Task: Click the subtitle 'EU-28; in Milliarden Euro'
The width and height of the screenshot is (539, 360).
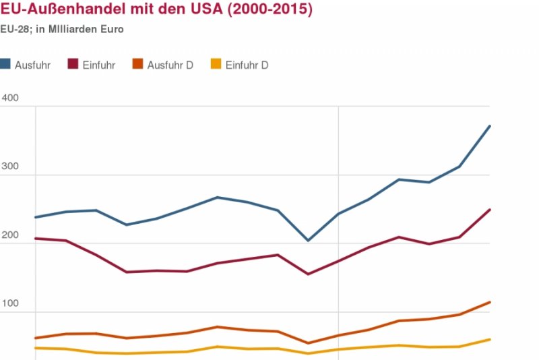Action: coord(62,30)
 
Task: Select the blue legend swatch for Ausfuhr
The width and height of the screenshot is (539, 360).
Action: coord(5,65)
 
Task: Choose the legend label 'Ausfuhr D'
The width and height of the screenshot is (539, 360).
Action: coord(170,65)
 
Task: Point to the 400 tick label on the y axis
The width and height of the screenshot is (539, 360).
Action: coord(10,98)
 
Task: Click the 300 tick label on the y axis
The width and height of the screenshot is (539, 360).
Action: coord(10,167)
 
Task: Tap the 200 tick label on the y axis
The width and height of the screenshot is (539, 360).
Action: coord(10,235)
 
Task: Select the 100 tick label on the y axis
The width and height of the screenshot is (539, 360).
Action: coord(10,304)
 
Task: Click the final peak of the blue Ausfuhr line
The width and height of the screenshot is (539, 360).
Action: coord(490,126)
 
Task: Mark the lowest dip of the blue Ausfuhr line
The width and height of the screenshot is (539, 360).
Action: coord(308,240)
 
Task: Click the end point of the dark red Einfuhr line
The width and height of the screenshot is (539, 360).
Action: coord(490,210)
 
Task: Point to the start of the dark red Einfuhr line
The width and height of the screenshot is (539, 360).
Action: coord(35,239)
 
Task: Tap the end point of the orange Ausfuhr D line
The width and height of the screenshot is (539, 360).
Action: coord(490,302)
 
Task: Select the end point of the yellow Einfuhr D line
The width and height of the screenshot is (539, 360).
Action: coord(490,339)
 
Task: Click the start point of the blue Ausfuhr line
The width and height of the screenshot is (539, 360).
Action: coord(35,217)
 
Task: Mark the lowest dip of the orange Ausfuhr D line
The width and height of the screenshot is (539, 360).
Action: coord(308,343)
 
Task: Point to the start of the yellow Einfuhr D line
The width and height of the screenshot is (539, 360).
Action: coord(35,348)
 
